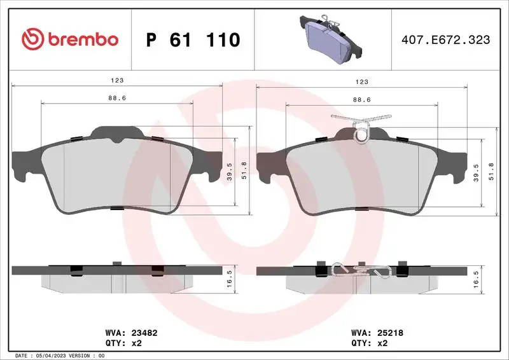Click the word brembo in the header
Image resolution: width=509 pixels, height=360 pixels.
81,39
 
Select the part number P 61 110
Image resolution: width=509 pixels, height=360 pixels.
193,40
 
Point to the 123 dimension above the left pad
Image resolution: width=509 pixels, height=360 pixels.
117,81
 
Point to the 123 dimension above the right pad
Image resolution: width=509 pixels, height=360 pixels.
361,81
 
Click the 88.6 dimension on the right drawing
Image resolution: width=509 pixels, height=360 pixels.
361,99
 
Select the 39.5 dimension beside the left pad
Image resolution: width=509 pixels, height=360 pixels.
230,172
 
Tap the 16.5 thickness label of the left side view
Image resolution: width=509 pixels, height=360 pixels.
230,280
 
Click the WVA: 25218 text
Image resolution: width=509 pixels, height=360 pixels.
377,331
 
